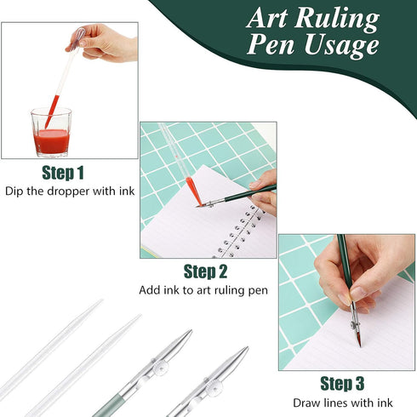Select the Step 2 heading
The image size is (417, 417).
(205, 272)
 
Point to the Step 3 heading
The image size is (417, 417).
(342, 384)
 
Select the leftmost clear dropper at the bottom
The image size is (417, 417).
(51, 349)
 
